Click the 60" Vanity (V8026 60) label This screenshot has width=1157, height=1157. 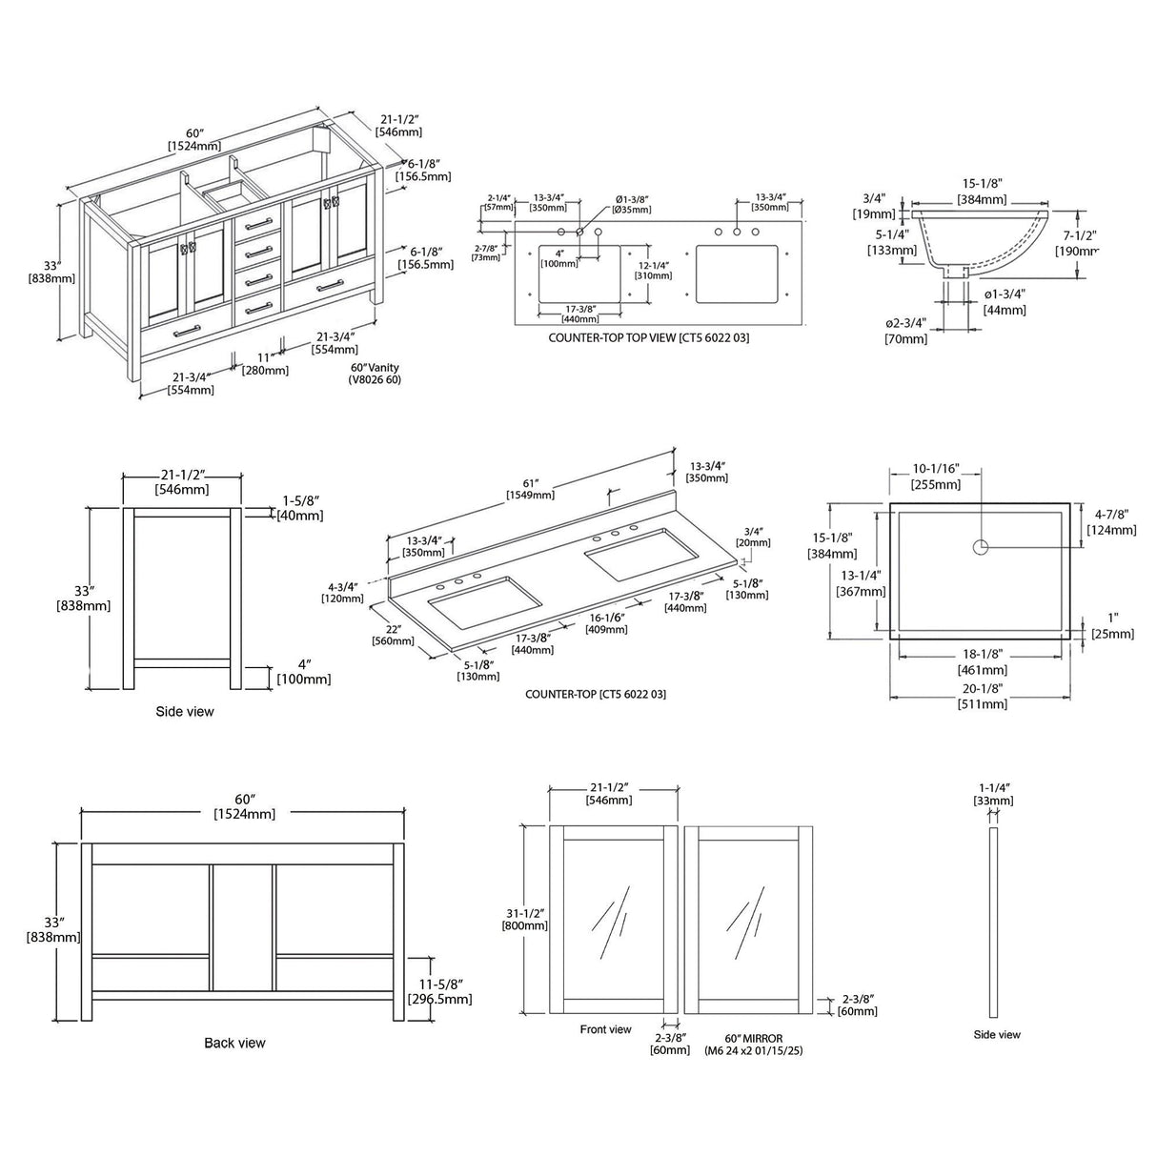tap(375, 374)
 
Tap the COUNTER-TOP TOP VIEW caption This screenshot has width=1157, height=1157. tap(648, 337)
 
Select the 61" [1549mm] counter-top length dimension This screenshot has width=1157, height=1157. tap(532, 489)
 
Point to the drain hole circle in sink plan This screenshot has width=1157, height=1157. tap(981, 547)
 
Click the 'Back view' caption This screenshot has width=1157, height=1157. tap(234, 1043)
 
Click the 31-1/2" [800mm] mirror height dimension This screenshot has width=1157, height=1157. tap(525, 919)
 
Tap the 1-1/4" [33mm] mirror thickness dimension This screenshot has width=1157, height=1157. tap(994, 794)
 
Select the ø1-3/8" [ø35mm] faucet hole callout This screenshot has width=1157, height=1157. tap(631, 203)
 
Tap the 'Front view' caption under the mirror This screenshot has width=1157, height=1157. tap(605, 1029)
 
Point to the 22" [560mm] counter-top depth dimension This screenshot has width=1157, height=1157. tap(393, 635)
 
